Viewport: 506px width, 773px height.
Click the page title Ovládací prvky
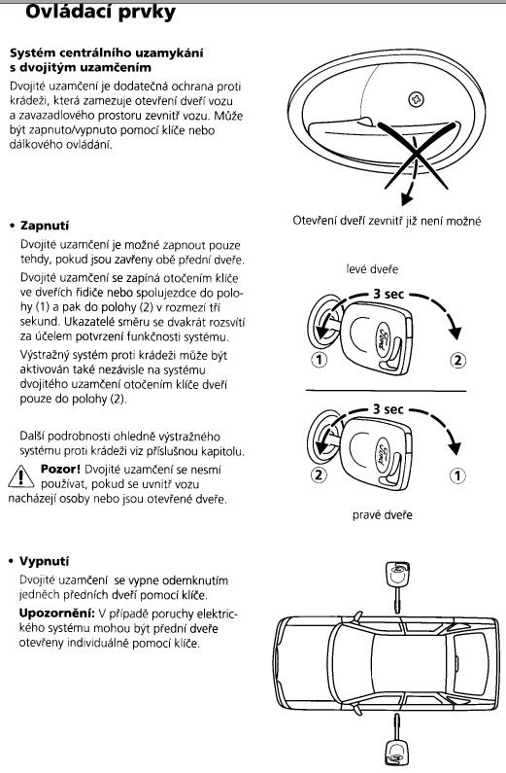(x=100, y=12)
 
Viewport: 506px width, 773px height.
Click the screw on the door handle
(x=417, y=100)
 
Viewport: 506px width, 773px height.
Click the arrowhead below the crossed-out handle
(x=407, y=198)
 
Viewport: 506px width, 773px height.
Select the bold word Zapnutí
(x=45, y=226)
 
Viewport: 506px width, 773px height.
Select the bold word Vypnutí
(x=44, y=561)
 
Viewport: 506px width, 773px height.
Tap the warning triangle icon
(x=20, y=476)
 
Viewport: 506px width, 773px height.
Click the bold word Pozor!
(x=60, y=469)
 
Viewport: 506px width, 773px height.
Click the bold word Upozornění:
(x=56, y=614)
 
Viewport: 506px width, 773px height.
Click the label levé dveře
(x=372, y=269)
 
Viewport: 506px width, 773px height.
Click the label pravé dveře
(x=383, y=515)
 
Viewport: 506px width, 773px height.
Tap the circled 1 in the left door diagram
(x=320, y=360)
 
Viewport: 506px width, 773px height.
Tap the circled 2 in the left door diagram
(x=457, y=361)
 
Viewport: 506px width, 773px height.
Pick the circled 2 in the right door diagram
(x=319, y=474)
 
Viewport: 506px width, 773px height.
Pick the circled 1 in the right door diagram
(x=457, y=475)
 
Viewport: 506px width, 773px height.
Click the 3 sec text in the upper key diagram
(x=388, y=294)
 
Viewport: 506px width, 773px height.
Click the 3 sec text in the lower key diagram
(x=388, y=408)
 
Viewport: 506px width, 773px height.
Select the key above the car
(x=396, y=586)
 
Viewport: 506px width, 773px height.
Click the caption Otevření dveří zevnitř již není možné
(x=387, y=221)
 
